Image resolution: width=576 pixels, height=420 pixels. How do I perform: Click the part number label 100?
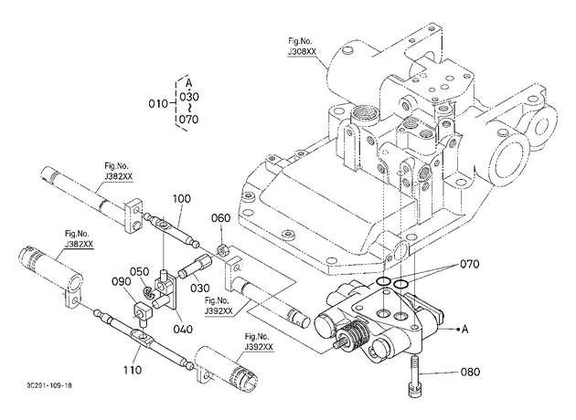coord(182,199)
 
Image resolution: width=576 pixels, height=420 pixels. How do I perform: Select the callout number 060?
coord(220,218)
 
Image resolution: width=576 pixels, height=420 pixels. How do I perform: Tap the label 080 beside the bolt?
coord(470,372)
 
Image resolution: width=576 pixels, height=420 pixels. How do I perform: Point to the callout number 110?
coord(132,370)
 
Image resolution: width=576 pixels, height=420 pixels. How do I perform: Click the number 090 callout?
coord(122,281)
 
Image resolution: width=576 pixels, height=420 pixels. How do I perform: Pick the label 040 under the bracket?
coord(183,329)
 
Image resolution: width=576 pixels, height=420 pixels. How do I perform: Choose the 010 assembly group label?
coord(158,104)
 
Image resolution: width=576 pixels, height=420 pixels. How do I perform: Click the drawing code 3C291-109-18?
coord(49,385)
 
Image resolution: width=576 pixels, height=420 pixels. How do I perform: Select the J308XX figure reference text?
coord(302,52)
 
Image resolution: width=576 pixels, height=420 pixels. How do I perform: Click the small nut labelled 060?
coord(222,250)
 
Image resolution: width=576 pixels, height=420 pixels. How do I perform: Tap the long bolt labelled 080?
coord(413,376)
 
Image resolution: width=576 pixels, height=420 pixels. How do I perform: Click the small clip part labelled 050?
coord(149,293)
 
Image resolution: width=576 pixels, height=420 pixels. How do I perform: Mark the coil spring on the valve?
coord(355,333)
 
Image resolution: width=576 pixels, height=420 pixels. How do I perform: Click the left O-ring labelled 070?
coord(383,281)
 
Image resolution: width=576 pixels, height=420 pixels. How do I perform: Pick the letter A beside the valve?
coord(465,330)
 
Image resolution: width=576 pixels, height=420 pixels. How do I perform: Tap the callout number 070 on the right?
coord(470,264)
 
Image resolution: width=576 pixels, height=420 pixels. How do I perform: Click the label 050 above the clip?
coord(139,272)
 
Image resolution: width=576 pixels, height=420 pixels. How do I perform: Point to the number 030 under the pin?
coord(200,289)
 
